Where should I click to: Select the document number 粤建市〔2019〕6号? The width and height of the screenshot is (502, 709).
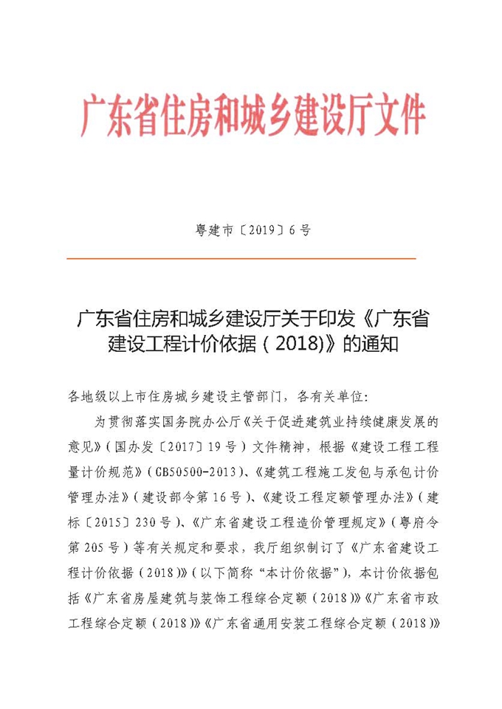(x=252, y=230)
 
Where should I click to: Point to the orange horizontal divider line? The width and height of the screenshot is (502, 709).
(x=241, y=259)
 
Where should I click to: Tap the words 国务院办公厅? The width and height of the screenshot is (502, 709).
(x=199, y=421)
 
